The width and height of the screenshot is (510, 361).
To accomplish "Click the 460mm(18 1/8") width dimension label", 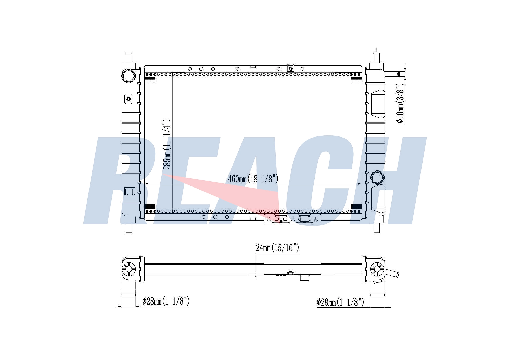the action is (x=253, y=179).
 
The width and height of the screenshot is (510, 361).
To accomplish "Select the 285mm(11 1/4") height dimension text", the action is (x=167, y=144).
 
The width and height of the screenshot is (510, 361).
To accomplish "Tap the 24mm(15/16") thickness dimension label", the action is (x=277, y=247).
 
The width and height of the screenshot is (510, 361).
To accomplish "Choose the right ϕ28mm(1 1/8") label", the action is (x=340, y=302).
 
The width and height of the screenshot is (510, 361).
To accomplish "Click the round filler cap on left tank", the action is (x=129, y=76).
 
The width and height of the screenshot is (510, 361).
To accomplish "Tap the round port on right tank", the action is (x=377, y=177).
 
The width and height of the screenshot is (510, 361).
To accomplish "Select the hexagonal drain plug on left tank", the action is (x=128, y=98).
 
